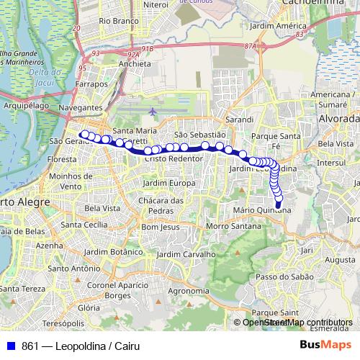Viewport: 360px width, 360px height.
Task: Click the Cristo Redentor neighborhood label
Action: (175, 158)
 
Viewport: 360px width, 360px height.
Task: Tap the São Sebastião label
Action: (200, 135)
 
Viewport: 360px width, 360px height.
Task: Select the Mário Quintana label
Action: (262, 210)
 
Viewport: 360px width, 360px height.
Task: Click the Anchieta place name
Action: (135, 63)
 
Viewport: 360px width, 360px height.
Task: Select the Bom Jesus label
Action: (159, 227)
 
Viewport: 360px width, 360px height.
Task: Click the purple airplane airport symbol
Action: (153, 112)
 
